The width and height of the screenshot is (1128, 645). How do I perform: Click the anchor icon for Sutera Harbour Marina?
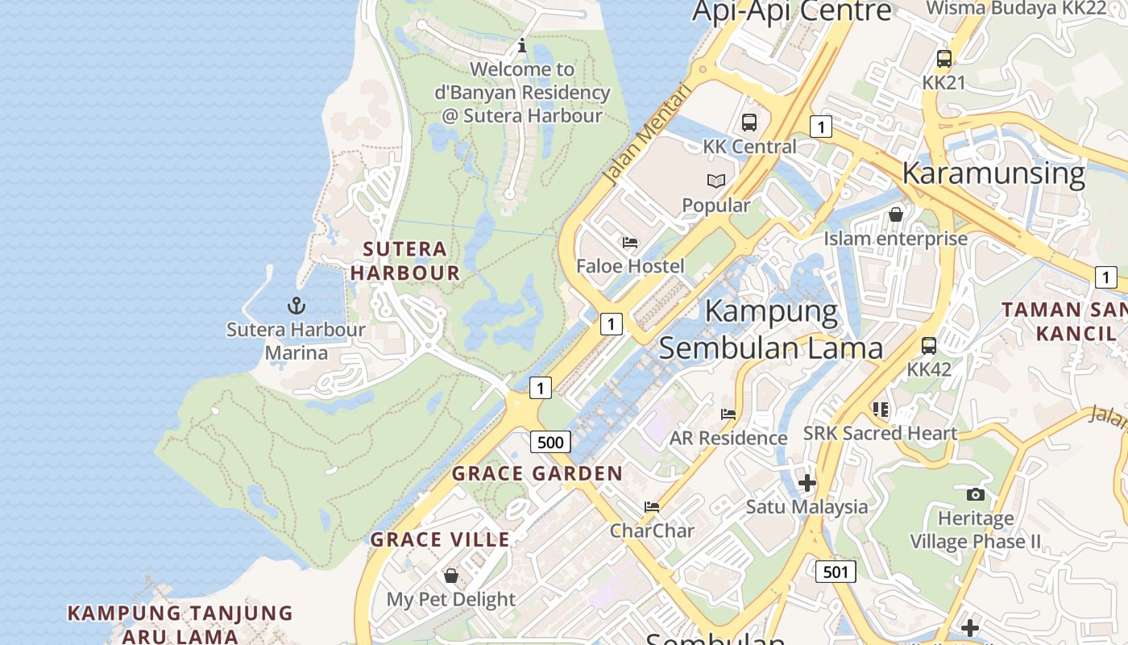pos(297,306)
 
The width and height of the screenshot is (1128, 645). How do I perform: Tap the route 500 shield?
pos(550,442)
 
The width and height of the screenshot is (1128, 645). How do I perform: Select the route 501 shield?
pos(836,572)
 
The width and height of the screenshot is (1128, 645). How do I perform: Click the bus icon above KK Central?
pos(749,123)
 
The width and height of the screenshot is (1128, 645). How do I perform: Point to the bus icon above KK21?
pos(944,59)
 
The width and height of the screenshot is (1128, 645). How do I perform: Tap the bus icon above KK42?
pos(929,346)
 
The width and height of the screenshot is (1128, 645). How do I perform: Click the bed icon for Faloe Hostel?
pos(630,242)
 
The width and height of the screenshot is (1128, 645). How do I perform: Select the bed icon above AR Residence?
pos(728,414)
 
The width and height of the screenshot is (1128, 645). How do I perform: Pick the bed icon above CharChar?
pos(652,506)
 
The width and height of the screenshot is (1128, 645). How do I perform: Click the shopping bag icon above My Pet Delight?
pos(451,576)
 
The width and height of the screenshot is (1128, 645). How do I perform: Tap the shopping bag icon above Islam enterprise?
pos(895,214)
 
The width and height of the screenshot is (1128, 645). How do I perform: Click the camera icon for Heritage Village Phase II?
pos(975,494)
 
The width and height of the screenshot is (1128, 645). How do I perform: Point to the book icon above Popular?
pos(716,181)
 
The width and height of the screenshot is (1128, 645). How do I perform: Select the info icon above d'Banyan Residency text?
pos(522,45)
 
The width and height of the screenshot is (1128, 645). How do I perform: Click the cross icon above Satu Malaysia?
pos(807,483)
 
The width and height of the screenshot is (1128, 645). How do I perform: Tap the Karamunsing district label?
pos(993,173)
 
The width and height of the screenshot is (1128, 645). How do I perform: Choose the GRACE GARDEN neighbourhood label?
pos(537,473)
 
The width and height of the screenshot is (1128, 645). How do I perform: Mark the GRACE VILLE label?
pos(440,539)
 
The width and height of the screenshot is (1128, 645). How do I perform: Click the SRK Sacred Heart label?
pos(880,433)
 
